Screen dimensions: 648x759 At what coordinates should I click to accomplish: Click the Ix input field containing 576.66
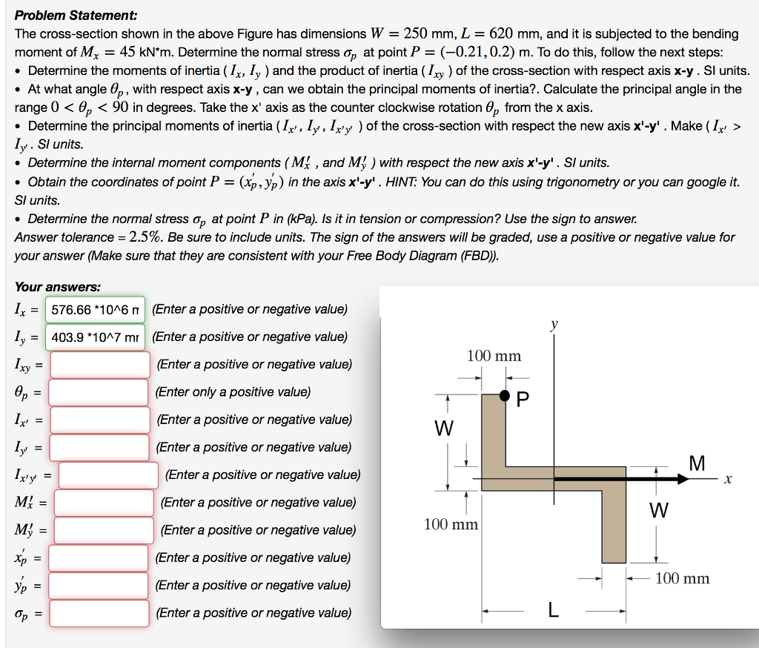(96, 309)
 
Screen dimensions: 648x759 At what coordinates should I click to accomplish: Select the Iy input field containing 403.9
(96, 337)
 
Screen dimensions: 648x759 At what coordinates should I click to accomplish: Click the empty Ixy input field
(100, 364)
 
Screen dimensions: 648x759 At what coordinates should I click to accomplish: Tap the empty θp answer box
(100, 391)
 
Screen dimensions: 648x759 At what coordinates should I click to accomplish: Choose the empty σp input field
(100, 612)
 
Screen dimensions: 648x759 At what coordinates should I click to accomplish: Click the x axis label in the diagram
(729, 480)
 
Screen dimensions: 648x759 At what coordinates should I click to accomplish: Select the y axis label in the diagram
(553, 324)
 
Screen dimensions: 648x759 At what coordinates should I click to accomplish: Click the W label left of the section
(443, 429)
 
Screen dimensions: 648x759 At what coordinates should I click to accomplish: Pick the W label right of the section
(658, 511)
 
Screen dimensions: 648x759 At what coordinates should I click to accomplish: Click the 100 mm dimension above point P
(494, 356)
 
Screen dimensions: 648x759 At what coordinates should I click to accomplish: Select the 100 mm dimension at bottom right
(682, 578)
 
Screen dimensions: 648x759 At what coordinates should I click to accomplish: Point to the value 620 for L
(494, 33)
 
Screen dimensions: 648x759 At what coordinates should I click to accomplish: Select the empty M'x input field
(104, 503)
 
